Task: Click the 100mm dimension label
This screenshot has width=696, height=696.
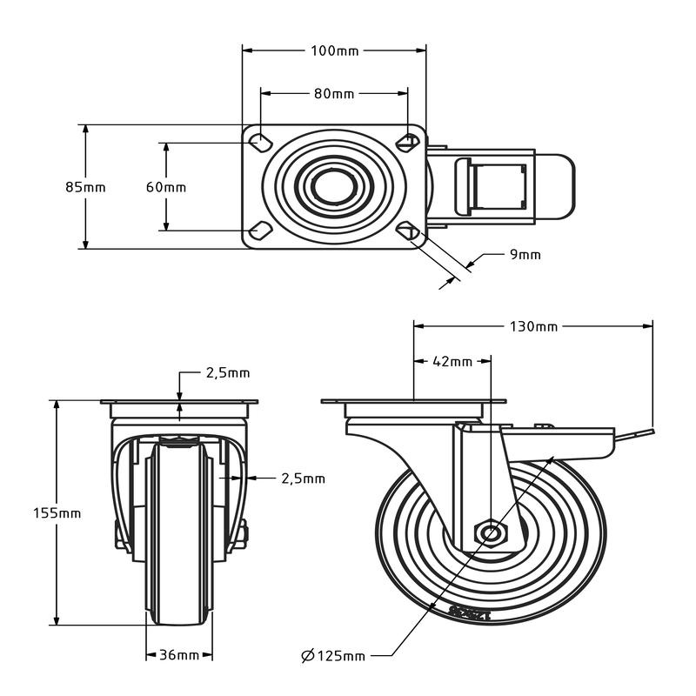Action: pos(334,50)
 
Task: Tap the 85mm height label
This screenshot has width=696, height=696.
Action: pos(85,187)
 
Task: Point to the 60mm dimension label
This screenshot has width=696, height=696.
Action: pos(165,187)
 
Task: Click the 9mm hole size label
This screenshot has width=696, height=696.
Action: pos(525,254)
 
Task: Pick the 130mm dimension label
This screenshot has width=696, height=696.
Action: pos(533,326)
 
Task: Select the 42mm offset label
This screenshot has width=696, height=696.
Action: pos(452,361)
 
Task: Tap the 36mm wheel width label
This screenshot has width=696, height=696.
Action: pos(178,655)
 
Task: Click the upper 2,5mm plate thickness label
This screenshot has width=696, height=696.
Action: pos(227,373)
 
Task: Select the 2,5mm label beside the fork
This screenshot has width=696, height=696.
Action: pos(302,478)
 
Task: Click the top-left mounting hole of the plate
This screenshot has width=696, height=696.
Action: pos(259,141)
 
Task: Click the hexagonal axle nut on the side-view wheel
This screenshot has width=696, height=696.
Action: pos(491,533)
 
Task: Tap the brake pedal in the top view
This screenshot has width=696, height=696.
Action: pos(496,186)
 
